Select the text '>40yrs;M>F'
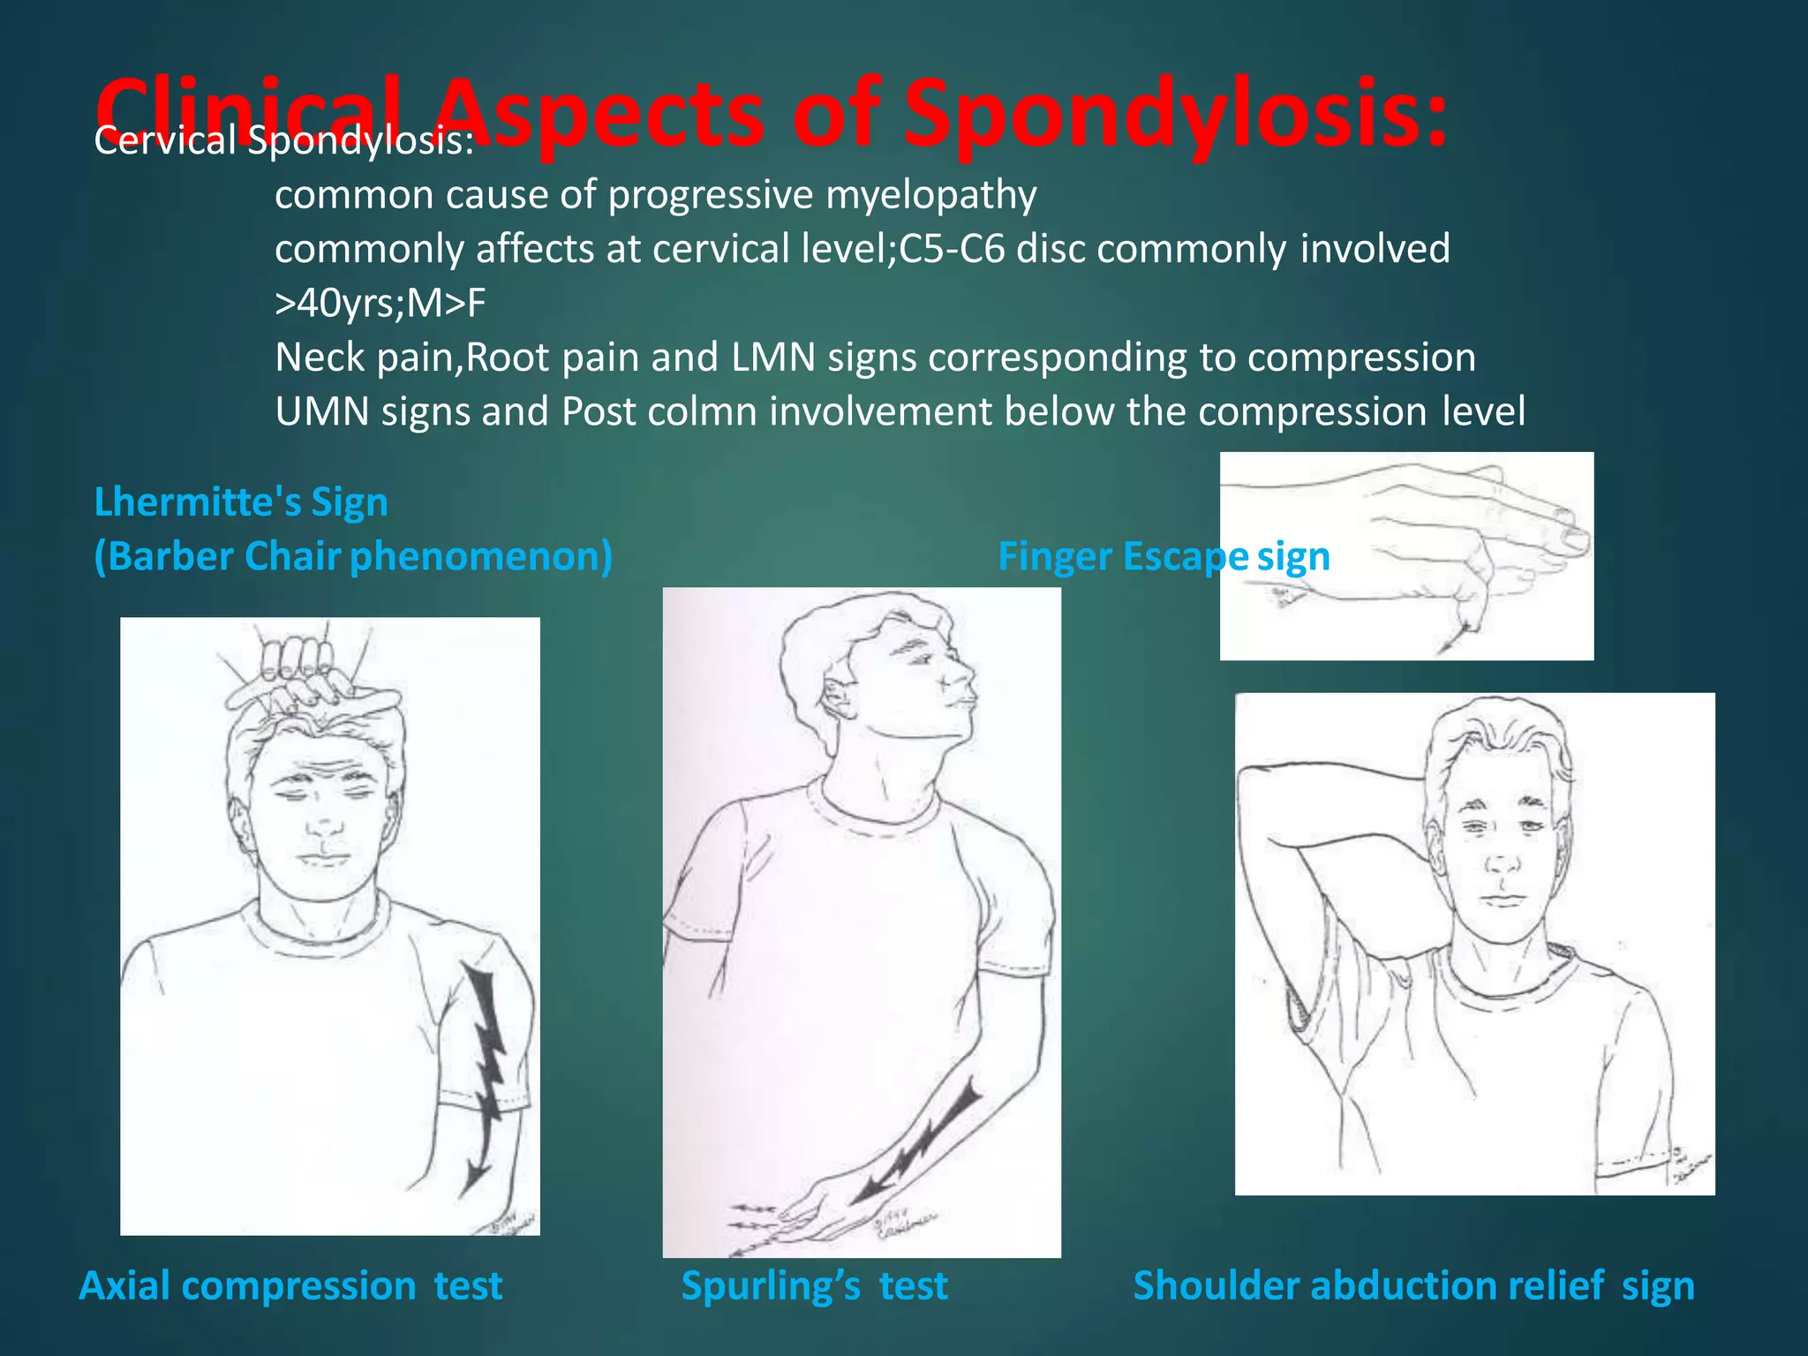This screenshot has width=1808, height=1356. point(380,304)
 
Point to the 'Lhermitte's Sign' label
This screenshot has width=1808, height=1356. point(241,501)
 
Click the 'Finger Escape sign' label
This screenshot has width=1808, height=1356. point(1164,556)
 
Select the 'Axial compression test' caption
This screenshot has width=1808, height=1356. point(290,1285)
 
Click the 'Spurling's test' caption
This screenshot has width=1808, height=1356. point(814,1285)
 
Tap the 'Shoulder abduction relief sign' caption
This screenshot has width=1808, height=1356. point(1413,1285)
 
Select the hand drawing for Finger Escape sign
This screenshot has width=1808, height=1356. point(1406,555)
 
